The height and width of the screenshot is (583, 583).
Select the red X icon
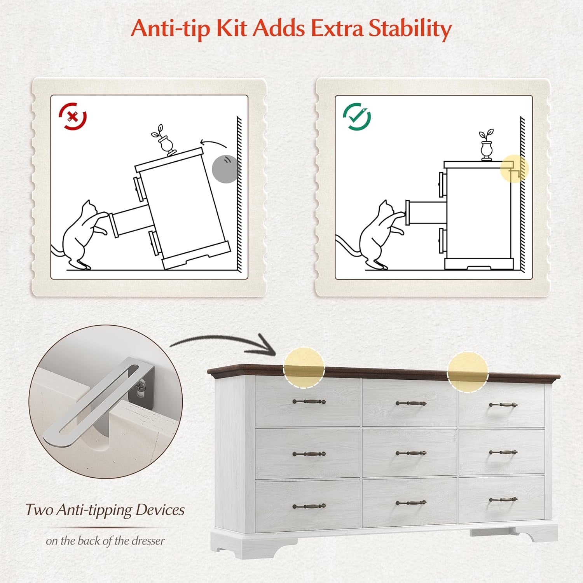pos(73,116)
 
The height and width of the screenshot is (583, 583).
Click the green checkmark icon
pos(357,116)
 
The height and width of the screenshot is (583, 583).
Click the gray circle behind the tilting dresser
pos(225,169)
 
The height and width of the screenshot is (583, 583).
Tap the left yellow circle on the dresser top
pos(304,368)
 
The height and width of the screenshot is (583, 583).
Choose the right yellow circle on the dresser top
pos(468,372)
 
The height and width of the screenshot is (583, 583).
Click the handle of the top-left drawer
pos(309,401)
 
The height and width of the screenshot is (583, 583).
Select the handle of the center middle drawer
pos(411,453)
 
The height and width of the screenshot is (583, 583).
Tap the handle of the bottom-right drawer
pos(503,499)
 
